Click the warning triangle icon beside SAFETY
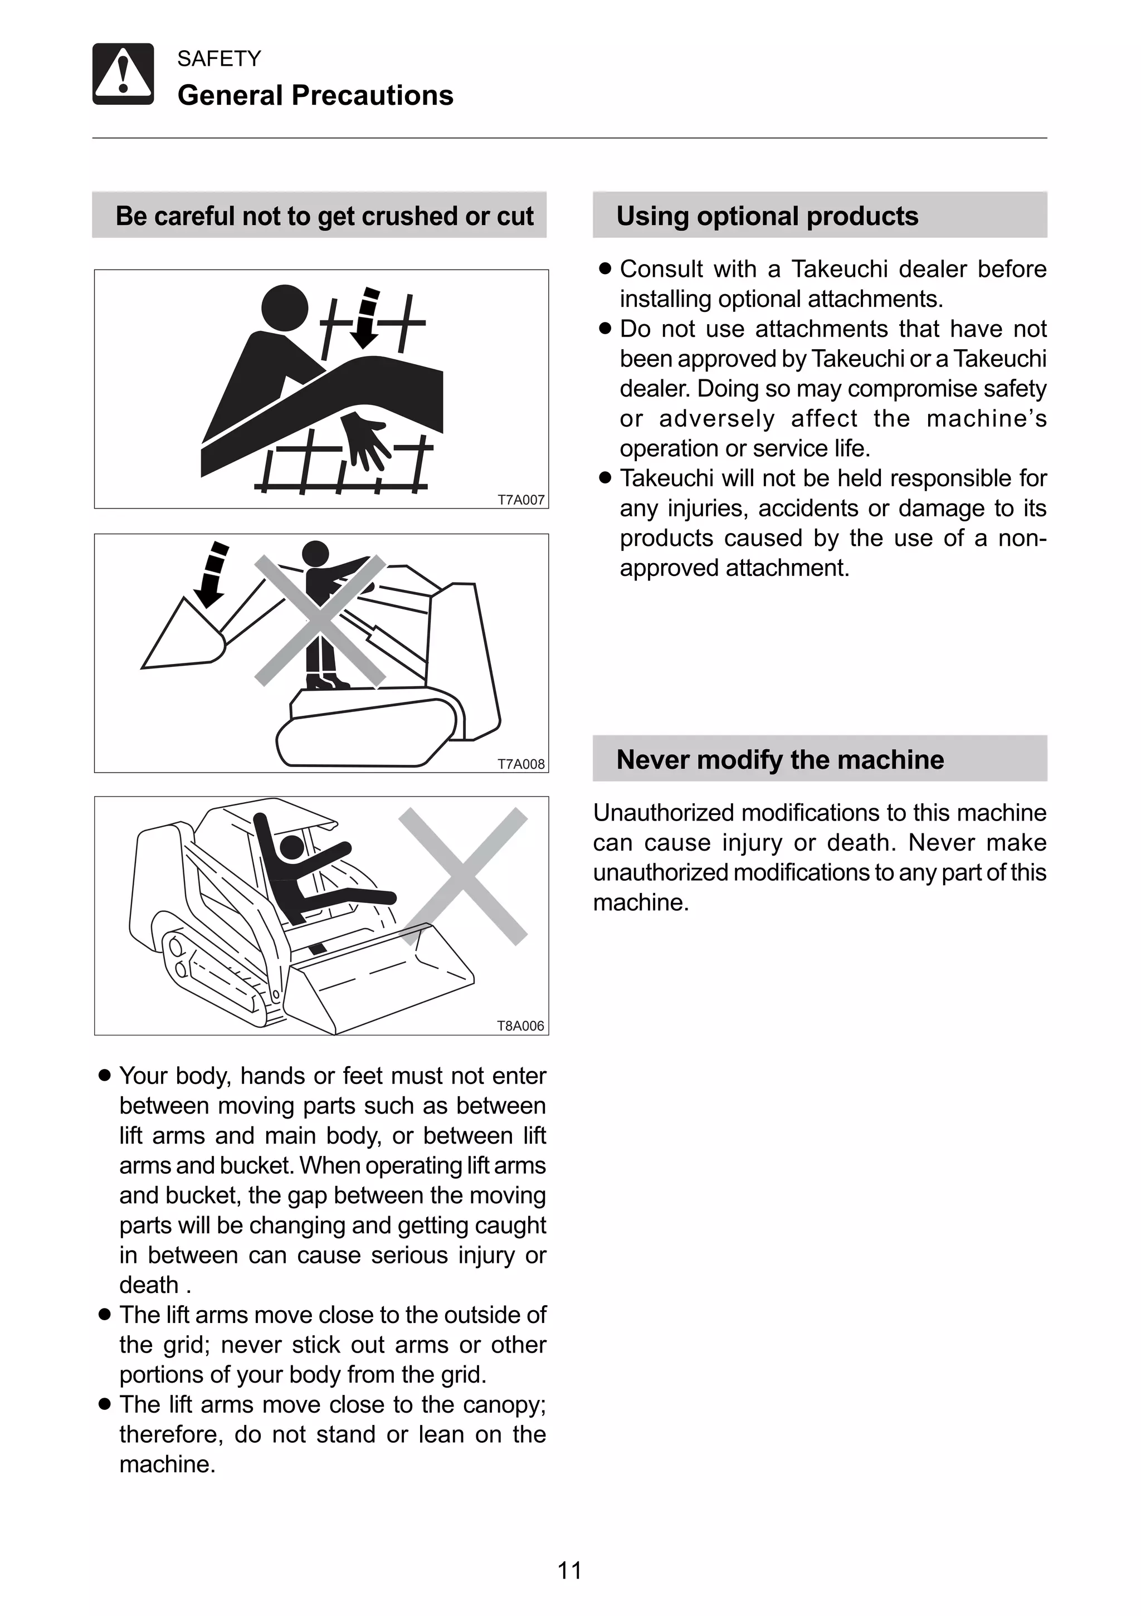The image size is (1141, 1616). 123,74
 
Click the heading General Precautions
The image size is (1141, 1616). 315,96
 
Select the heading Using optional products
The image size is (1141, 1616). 767,216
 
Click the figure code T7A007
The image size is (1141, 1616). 521,500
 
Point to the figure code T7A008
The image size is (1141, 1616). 521,764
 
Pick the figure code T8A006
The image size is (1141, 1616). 521,1026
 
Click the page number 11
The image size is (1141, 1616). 569,1570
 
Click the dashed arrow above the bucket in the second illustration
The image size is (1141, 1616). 213,574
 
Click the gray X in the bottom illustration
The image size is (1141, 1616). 463,876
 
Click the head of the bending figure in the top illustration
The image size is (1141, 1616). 284,307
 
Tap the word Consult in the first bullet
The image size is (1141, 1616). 661,269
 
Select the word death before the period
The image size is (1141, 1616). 149,1285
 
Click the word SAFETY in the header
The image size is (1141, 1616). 219,58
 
